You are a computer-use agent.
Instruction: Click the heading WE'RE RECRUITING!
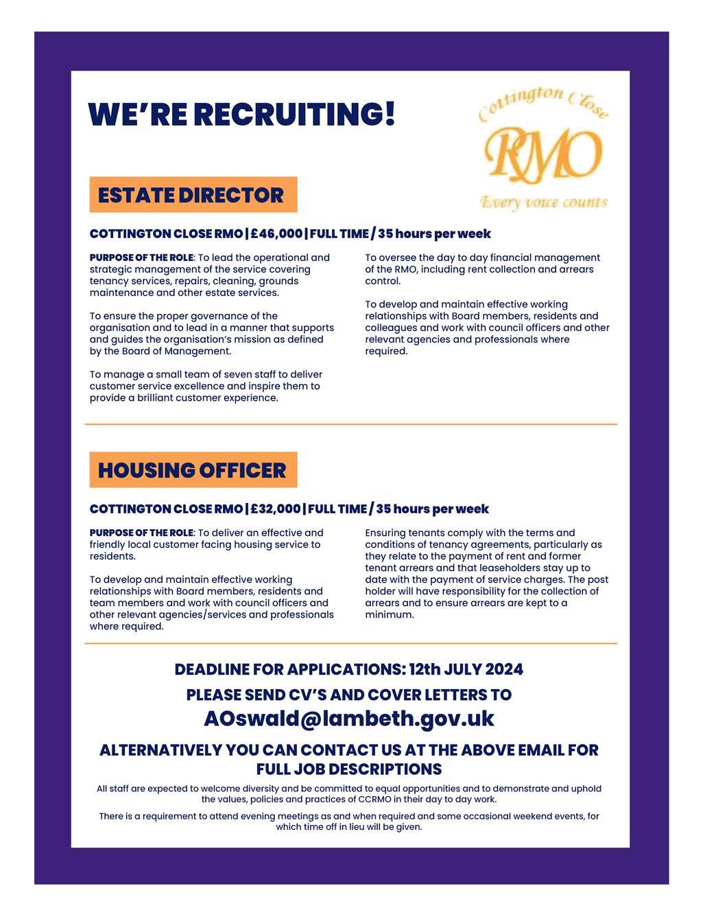241,114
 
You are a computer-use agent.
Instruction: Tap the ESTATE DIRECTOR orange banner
193,195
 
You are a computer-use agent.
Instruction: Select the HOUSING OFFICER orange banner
193,470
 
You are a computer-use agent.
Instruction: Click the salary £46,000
276,234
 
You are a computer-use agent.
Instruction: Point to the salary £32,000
275,509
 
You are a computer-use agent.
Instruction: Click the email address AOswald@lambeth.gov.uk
348,719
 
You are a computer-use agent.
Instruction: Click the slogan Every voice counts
544,202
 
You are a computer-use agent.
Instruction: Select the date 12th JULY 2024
466,669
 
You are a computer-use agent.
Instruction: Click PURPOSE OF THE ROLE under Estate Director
141,258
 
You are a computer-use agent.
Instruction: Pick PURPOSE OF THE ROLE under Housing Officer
141,533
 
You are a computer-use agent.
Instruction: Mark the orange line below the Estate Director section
350,425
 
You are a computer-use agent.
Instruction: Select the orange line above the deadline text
350,644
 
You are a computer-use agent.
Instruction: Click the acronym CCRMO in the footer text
377,800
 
